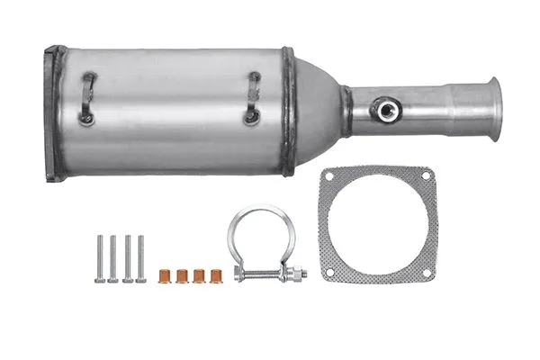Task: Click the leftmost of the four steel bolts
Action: (99, 259)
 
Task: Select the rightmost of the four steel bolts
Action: (140, 259)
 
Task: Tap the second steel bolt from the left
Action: (112, 259)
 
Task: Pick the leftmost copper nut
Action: (165, 275)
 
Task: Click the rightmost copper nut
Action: (215, 275)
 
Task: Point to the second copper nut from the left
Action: (182, 275)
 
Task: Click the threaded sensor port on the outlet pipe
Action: (386, 110)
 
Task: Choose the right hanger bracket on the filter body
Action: (254, 98)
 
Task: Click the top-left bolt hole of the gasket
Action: (330, 175)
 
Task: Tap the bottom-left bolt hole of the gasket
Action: (330, 271)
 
